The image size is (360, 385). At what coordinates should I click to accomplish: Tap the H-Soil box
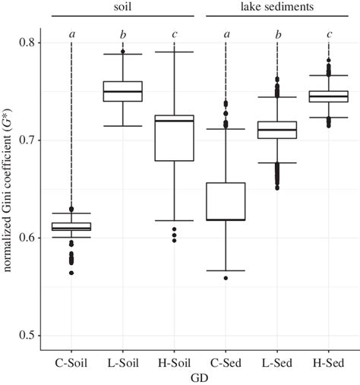pos(175,138)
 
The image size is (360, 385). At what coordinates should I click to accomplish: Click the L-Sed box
pos(276,130)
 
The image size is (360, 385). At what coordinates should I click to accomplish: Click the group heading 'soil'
pos(124,6)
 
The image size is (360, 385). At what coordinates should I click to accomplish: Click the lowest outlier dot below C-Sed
pos(226,278)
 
